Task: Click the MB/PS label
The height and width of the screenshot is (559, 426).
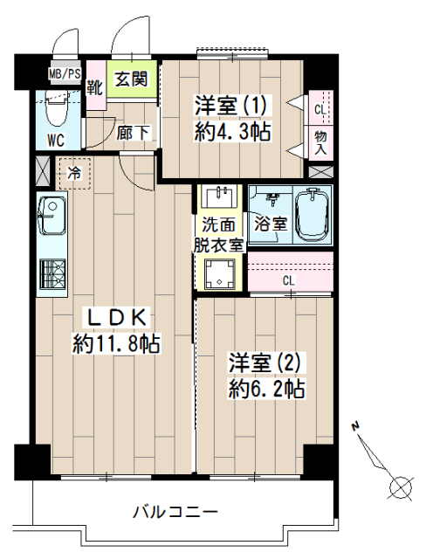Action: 65,73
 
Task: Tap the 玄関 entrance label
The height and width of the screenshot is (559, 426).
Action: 131,79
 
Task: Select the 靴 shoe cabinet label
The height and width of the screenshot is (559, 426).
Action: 95,87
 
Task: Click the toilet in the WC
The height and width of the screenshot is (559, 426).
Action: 58,107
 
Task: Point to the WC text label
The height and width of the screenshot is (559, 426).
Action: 56,140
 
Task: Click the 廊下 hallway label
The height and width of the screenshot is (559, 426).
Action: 134,133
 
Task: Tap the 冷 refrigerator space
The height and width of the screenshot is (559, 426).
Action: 75,173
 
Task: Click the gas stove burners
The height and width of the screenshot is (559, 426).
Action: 52,273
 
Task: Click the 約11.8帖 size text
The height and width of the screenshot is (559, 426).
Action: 116,343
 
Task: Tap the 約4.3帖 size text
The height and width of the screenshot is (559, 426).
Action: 232,132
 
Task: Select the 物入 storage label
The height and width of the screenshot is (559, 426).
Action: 320,141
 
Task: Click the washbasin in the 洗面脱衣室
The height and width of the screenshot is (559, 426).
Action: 218,197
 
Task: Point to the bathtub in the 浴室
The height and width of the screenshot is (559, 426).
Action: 313,216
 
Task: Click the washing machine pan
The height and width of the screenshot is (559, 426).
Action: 219,274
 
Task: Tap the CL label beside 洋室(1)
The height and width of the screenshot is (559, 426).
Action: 320,110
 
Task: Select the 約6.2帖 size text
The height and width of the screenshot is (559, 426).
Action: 266,390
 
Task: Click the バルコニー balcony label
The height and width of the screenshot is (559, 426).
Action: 175,513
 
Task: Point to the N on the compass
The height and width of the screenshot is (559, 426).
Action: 354,426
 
